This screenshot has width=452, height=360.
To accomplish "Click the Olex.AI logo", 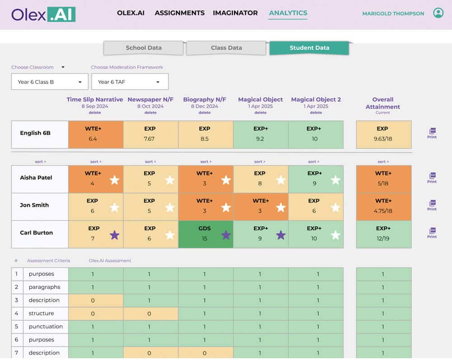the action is click(43, 14).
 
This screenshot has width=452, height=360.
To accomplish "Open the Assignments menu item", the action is click(179, 13).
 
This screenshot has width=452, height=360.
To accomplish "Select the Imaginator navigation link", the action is click(235, 13).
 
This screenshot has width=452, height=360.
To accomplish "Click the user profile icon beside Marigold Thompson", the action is click(438, 13).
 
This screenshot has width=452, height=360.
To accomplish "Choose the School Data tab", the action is click(143, 48).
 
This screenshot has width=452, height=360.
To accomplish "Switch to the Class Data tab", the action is click(226, 48).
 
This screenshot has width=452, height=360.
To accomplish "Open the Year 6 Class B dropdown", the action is click(50, 82).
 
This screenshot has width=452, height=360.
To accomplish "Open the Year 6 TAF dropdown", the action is click(130, 82).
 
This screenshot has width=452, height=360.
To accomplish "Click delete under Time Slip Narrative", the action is click(95, 113).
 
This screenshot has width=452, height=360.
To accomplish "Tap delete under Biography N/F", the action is click(204, 113).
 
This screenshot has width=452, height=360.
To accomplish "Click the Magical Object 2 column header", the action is click(316, 99).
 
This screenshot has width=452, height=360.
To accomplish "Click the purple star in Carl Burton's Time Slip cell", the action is click(114, 235).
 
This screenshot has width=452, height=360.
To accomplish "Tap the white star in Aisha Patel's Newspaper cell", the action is click(170, 180).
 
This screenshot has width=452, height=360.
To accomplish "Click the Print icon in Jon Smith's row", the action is click(432, 205).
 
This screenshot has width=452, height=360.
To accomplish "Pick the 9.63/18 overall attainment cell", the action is click(384, 135).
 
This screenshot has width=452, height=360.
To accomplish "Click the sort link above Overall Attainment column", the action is click(383, 162).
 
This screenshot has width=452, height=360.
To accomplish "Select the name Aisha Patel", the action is click(36, 178).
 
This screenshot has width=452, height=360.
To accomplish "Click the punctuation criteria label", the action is click(46, 327).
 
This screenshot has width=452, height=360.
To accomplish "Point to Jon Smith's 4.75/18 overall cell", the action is click(384, 207).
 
